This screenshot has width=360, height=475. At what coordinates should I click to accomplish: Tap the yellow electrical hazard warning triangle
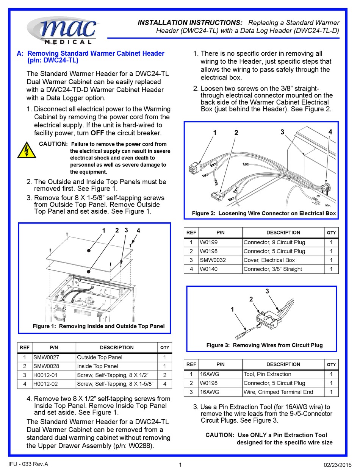[27, 150]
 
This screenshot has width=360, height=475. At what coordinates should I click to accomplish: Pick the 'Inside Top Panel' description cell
[97, 366]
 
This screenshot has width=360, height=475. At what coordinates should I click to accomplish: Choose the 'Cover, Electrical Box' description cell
[269, 260]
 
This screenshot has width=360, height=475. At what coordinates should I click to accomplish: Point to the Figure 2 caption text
[264, 213]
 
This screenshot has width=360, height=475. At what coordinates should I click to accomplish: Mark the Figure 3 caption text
[265, 345]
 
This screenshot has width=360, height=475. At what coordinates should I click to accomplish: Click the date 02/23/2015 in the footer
[335, 465]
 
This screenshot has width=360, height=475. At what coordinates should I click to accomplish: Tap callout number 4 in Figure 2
[330, 132]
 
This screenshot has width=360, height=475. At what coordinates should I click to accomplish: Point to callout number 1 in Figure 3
[232, 309]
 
